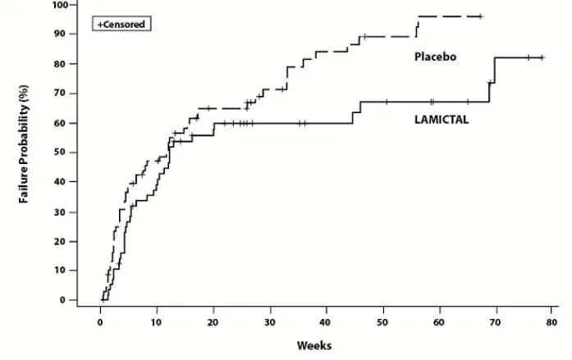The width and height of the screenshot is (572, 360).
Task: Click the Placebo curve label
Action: [x=434, y=57]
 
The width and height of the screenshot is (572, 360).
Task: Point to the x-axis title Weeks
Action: [x=314, y=345]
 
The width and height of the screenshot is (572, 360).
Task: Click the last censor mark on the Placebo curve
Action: [x=480, y=16]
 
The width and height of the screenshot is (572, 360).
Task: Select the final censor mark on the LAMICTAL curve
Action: [x=542, y=57]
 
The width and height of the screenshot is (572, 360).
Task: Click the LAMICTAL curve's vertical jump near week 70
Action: [x=494, y=70]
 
